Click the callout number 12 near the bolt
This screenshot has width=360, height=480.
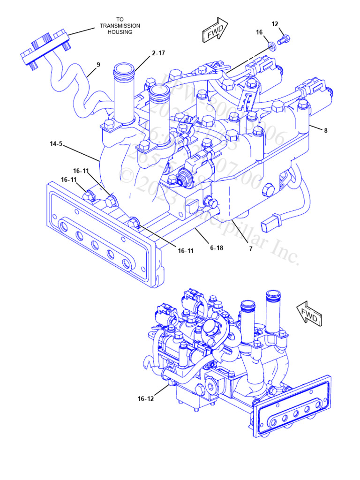(x=275, y=24)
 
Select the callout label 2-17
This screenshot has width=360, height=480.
(x=158, y=53)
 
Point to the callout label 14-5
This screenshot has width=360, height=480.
(x=56, y=144)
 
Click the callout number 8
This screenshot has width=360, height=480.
(x=325, y=131)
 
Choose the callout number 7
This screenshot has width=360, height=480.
(x=251, y=249)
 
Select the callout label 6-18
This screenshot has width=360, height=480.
(x=216, y=248)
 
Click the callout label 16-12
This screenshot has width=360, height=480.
(x=145, y=399)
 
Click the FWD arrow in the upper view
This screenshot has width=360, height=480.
(x=215, y=30)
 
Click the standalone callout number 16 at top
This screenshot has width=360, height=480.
(x=259, y=32)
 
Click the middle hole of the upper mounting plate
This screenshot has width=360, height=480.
(x=94, y=245)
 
